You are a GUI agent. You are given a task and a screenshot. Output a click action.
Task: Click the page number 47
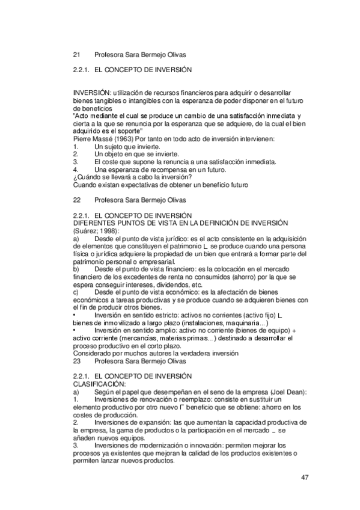coord(305,478)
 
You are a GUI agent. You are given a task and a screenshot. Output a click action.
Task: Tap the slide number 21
coord(76,54)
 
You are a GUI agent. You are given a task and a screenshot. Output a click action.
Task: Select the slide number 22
coord(76,199)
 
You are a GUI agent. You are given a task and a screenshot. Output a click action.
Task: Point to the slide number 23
coord(76,361)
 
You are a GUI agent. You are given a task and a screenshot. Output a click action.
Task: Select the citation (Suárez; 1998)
coord(96,230)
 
